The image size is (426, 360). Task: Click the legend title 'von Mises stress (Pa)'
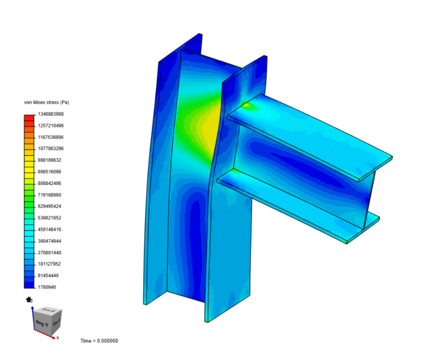tap(46, 102)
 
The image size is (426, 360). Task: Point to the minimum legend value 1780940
tap(48, 287)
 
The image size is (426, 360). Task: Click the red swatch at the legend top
tap(29, 117)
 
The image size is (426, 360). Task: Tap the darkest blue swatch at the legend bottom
tap(29, 285)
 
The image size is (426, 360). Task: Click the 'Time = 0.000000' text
tap(99, 341)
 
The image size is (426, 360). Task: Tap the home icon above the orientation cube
tap(29, 299)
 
